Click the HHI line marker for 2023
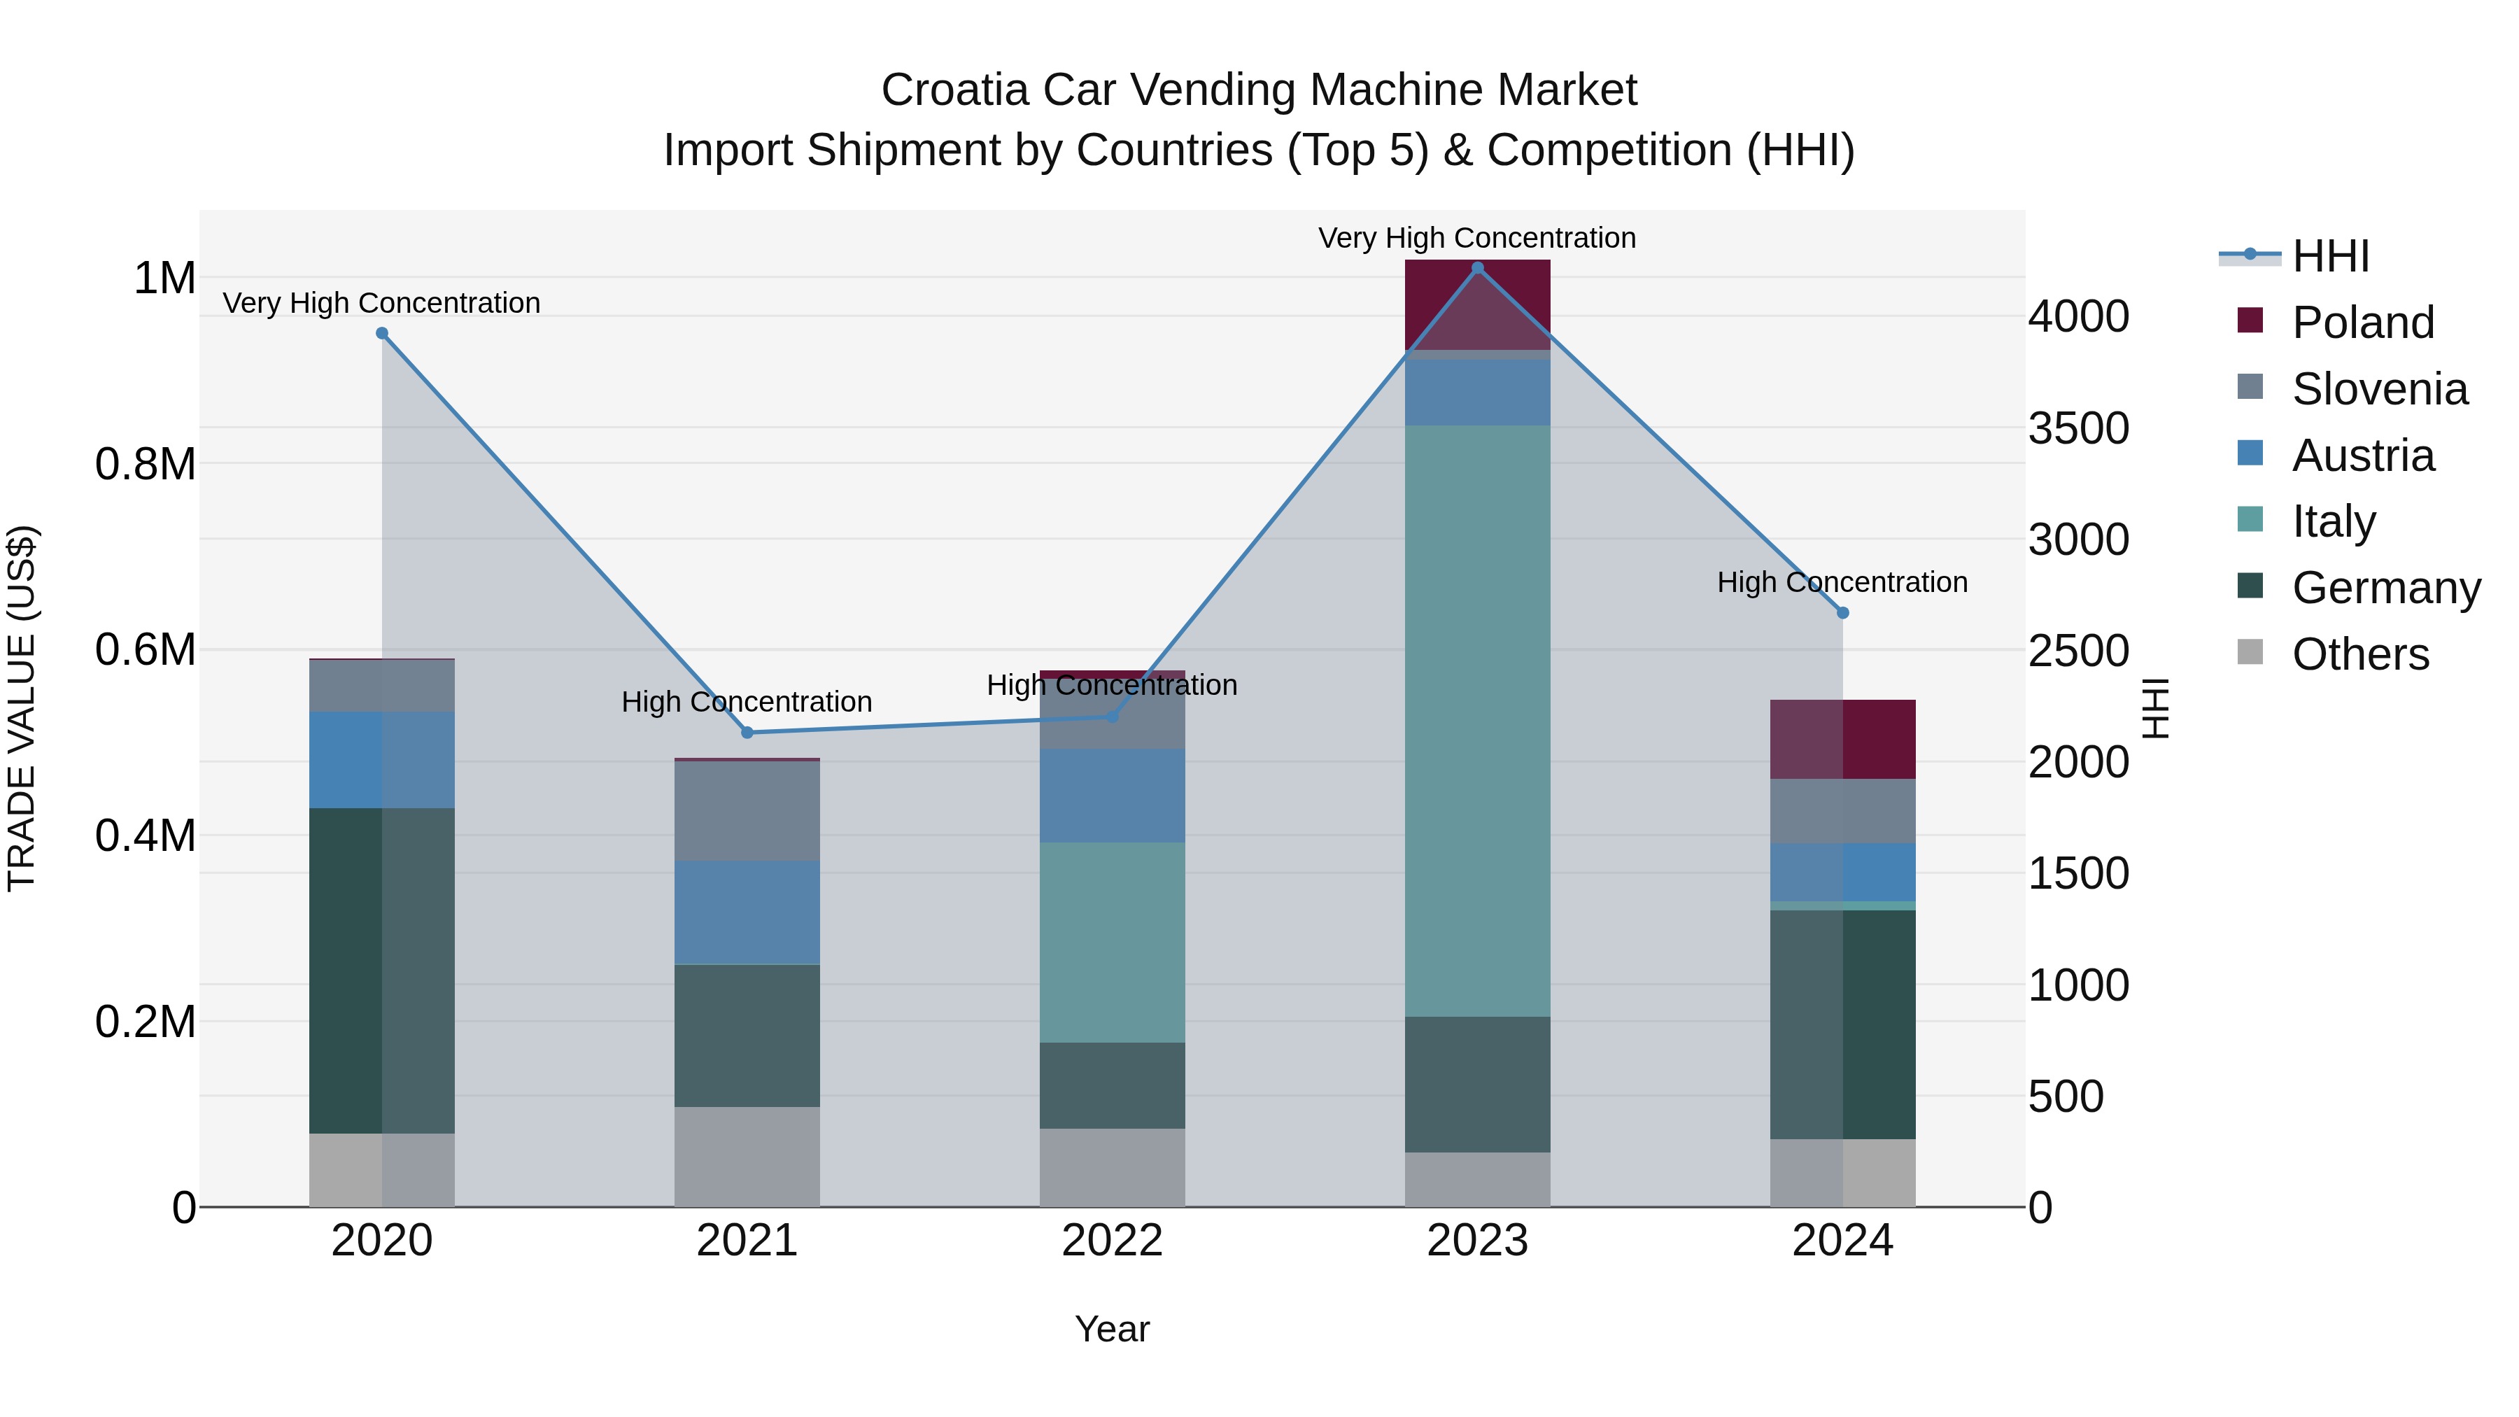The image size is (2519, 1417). pos(1478,267)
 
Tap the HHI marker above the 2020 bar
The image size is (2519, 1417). pos(382,334)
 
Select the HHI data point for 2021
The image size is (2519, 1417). pos(747,733)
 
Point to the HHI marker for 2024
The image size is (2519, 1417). pos(1843,613)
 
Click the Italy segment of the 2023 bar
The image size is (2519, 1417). pos(1478,721)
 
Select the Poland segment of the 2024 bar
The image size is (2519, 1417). pos(1843,740)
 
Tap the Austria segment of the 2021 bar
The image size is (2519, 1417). pos(747,912)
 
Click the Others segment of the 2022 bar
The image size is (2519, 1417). pos(1112,1168)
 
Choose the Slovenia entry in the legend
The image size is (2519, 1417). pos(2378,389)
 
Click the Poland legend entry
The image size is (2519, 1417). pos(2362,323)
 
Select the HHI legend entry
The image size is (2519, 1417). pos(2329,256)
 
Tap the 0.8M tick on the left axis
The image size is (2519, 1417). pos(146,465)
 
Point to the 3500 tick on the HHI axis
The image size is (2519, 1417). pos(2078,428)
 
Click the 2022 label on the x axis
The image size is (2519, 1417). pos(1112,1241)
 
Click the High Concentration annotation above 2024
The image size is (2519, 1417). pos(1842,582)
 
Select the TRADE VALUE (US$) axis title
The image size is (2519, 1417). pos(22,708)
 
